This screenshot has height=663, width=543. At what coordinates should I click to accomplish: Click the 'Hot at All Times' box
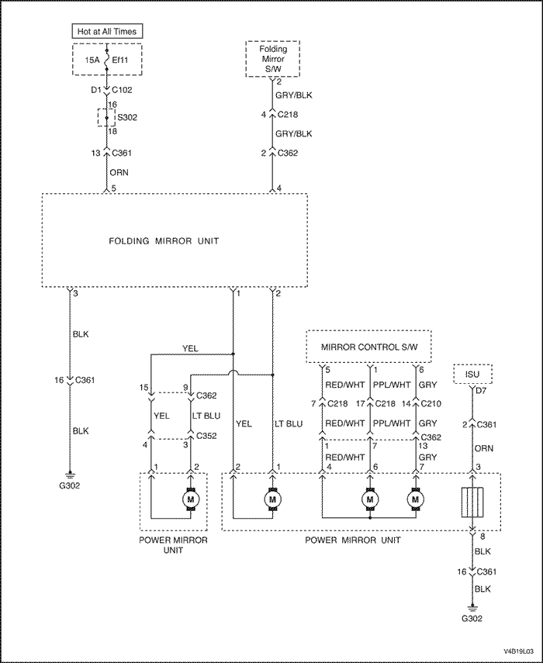coord(107,31)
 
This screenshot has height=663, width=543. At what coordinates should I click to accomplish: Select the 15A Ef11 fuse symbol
coord(106,60)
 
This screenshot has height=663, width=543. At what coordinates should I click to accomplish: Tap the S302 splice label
coord(127,117)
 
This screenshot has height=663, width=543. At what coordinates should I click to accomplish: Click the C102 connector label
coord(123,90)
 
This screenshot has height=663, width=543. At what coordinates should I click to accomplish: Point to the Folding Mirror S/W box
coord(273,59)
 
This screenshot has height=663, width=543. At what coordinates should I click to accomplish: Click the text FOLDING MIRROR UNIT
coord(164,241)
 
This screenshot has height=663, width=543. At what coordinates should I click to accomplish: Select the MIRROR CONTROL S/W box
coord(368,347)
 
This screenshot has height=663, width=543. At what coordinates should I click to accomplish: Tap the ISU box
coord(472,374)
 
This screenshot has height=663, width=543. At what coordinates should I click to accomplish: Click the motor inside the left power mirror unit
coord(190,499)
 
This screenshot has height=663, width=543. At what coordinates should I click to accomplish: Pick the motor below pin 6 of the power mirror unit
coord(370,499)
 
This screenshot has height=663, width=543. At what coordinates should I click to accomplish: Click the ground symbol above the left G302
coord(70,475)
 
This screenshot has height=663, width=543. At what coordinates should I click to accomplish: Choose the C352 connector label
coord(206,436)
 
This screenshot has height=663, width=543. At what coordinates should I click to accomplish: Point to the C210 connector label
coord(431,404)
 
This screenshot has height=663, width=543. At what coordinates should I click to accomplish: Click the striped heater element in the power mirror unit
coord(472,502)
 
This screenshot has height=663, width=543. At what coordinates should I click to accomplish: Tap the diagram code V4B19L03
coord(518,651)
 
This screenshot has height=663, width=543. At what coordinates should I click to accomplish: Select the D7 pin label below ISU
coord(481,391)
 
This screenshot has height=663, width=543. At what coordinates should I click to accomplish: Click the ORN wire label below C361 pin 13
coord(119,172)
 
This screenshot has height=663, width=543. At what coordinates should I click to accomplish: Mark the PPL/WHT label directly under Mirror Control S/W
coord(393,385)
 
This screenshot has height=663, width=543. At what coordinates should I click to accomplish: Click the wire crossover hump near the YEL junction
coord(233,372)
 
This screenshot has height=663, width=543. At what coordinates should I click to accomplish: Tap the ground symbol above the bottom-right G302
coord(472,608)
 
